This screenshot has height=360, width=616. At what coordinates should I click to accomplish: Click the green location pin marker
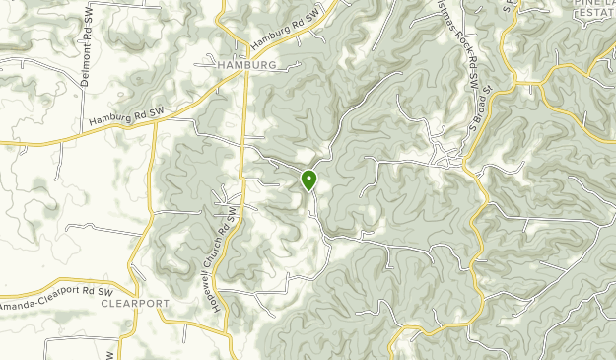(x=308, y=180)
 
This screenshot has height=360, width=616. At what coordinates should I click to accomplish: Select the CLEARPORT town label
(x=135, y=304)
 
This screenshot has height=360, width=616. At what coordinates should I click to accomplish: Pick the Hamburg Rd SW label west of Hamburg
(x=125, y=115)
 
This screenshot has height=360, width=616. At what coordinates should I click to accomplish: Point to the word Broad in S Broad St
(x=487, y=102)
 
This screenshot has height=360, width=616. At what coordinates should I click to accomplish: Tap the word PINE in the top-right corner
(x=586, y=4)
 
